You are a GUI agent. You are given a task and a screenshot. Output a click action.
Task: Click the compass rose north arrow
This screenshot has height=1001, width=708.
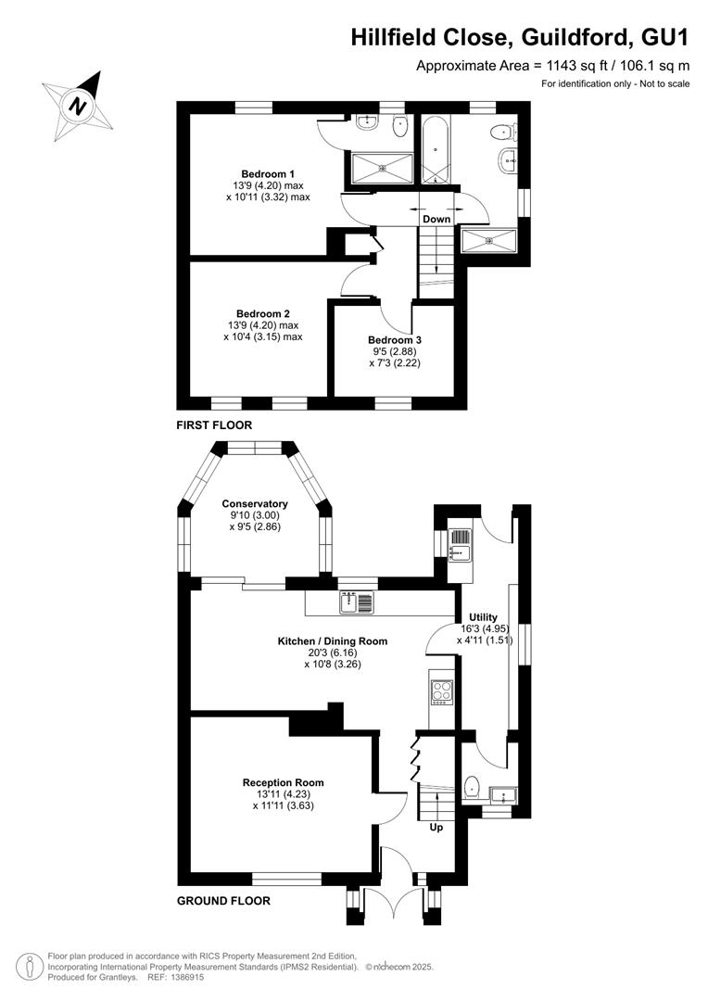pyautogui.click(x=78, y=106)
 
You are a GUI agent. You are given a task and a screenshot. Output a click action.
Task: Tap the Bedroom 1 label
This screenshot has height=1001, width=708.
pyautogui.click(x=268, y=173)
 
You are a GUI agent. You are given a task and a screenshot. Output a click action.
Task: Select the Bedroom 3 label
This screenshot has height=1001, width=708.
pyautogui.click(x=395, y=340)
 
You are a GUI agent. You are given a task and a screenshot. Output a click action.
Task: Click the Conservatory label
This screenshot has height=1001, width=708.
pyautogui.click(x=255, y=503)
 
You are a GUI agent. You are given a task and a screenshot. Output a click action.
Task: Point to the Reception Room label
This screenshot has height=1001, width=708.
pyautogui.click(x=283, y=782)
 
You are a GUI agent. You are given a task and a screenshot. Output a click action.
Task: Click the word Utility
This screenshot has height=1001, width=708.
pyautogui.click(x=483, y=617)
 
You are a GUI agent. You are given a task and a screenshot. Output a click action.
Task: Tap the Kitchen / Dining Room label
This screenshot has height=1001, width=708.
pyautogui.click(x=332, y=641)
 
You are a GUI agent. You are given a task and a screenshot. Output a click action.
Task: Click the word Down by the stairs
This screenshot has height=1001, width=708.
pyautogui.click(x=436, y=219)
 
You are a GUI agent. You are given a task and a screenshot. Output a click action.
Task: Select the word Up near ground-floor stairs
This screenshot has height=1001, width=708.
pyautogui.click(x=436, y=827)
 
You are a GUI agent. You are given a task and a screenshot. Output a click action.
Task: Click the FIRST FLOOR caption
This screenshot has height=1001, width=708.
pyautogui.click(x=214, y=425)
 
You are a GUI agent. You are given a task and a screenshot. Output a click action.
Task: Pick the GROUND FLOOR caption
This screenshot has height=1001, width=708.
pyautogui.click(x=223, y=901)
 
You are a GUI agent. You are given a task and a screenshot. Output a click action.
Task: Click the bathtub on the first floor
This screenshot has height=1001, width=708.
pyautogui.click(x=436, y=149)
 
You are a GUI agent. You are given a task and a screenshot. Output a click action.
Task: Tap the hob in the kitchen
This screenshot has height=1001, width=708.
pyautogui.click(x=440, y=692)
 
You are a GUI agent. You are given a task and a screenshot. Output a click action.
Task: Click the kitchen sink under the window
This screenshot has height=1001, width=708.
pyautogui.click(x=356, y=602)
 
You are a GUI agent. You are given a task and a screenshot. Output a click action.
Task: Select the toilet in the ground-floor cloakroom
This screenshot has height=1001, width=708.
pyautogui.click(x=471, y=787)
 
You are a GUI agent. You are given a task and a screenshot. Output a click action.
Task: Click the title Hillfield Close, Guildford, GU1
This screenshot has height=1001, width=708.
pyautogui.click(x=520, y=38)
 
